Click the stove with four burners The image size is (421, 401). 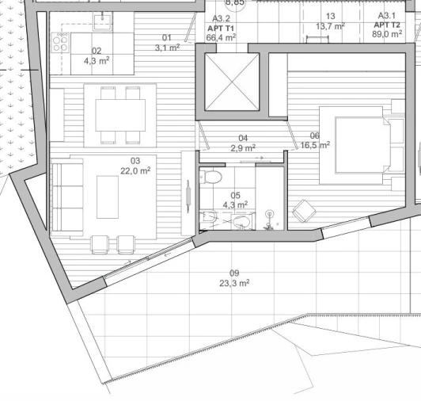click(60, 43)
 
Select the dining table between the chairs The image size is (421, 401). click(119, 116)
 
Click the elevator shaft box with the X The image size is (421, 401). click(231, 81)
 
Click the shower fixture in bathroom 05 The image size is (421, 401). click(270, 215)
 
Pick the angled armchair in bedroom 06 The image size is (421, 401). click(302, 212)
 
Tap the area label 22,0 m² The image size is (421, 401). click(135, 170)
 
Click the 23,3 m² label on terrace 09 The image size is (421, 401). click(234, 282)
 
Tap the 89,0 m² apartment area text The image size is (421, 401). click(389, 35)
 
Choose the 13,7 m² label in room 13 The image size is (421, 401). click(330, 26)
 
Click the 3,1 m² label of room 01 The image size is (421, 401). click(167, 48)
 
